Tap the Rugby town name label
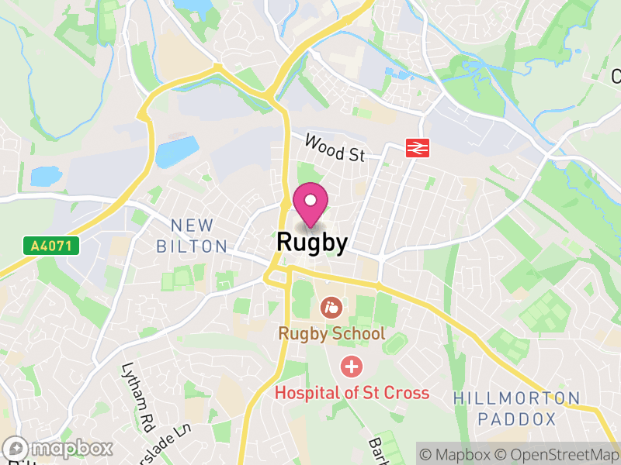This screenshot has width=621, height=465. [x=311, y=243]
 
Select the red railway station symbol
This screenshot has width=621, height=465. [x=418, y=148]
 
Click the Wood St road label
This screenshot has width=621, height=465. [x=335, y=147]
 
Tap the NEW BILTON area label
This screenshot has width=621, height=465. [x=192, y=236]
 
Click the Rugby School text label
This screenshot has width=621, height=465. [x=332, y=334]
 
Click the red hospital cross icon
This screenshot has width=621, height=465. [x=352, y=366]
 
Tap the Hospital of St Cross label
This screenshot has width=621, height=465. [x=352, y=392]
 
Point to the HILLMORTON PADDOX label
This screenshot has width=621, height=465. [x=516, y=408]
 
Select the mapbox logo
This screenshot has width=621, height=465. [x=58, y=448]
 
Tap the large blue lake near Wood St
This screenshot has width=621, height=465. [x=175, y=152]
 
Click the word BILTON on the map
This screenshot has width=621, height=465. [x=192, y=246]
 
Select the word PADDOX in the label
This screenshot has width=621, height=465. [x=517, y=419]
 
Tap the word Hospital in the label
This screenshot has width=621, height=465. [x=306, y=392]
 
